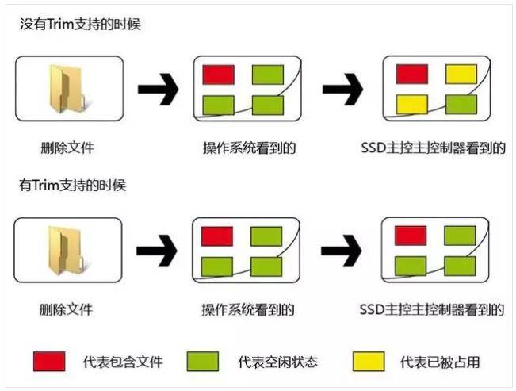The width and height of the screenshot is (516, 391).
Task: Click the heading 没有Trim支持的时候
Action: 80,25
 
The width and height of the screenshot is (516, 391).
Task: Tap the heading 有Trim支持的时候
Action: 73,186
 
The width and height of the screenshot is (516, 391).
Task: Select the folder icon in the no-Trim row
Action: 69,87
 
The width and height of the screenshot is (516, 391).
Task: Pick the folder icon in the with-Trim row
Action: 69,250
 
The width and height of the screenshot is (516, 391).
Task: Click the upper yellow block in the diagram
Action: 461,75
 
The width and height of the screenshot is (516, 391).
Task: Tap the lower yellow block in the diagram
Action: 411,104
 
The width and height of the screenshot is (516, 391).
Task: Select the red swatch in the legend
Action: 48,362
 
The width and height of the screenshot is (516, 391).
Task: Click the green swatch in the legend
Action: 204,362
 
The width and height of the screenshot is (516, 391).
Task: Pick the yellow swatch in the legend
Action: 368,362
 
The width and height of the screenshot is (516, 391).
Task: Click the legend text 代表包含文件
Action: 123,362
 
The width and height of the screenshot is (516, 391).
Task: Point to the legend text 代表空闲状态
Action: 278,362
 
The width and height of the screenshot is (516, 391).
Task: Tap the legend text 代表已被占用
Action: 441,362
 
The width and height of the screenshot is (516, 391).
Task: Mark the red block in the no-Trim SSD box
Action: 411,74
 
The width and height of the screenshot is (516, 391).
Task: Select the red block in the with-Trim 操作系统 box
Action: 217,236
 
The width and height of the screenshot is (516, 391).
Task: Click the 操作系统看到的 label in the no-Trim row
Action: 244,148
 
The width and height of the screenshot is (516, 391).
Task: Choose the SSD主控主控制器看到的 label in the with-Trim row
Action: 432,309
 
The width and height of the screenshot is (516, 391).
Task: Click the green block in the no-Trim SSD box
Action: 461,104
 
